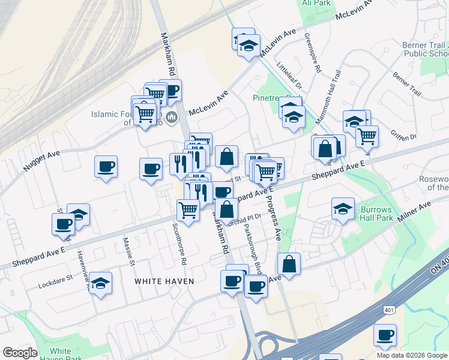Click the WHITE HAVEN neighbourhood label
[x=164, y=281]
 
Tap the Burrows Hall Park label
[x=376, y=214]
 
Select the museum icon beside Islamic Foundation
[x=172, y=117]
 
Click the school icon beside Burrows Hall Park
[x=343, y=208]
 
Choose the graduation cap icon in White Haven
[x=101, y=281]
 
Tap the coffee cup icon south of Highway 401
[x=385, y=334]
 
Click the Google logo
[x=20, y=353]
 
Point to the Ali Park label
[x=316, y=3]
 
